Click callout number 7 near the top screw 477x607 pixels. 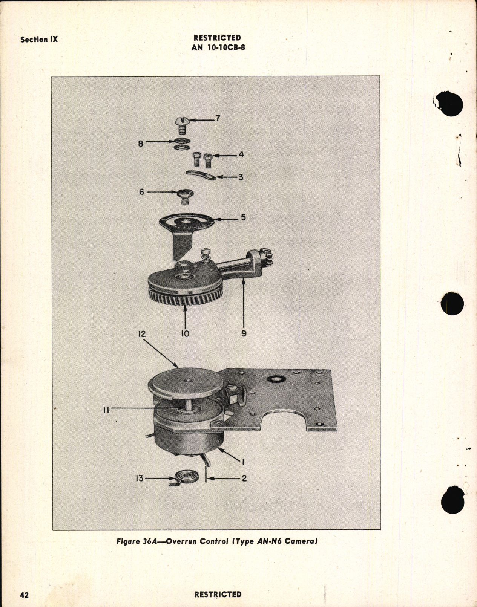218,119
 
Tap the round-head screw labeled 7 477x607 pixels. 182,123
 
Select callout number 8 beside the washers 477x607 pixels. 141,143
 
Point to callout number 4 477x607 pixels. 241,154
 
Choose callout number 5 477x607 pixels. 243,217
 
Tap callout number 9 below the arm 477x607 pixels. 244,333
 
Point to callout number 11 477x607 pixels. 106,410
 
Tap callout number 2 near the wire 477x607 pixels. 244,479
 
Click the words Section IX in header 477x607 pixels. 39,40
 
